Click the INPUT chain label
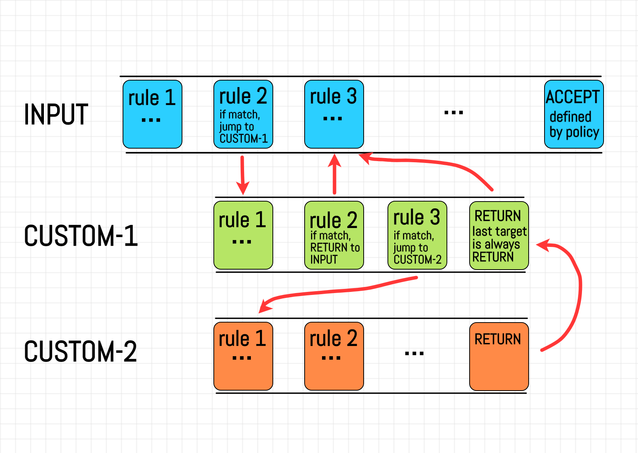coord(56,114)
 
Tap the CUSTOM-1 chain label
coord(81,236)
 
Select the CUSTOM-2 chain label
coord(80,351)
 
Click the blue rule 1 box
coord(152,114)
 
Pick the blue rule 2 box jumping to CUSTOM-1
coord(243,114)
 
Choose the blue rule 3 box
coord(334,114)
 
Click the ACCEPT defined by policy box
coord(574,114)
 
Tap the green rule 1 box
coord(243,235)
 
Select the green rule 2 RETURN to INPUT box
coord(334,235)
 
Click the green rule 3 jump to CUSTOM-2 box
coord(417,235)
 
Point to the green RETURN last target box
coord(499,235)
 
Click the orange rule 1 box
coord(243,356)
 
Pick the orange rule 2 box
coord(334,356)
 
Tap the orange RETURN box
coord(499,356)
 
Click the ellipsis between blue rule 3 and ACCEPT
coord(453,112)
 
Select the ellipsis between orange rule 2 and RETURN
coord(414,354)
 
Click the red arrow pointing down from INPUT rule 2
coord(243,174)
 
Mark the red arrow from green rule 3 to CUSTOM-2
coord(341,290)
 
